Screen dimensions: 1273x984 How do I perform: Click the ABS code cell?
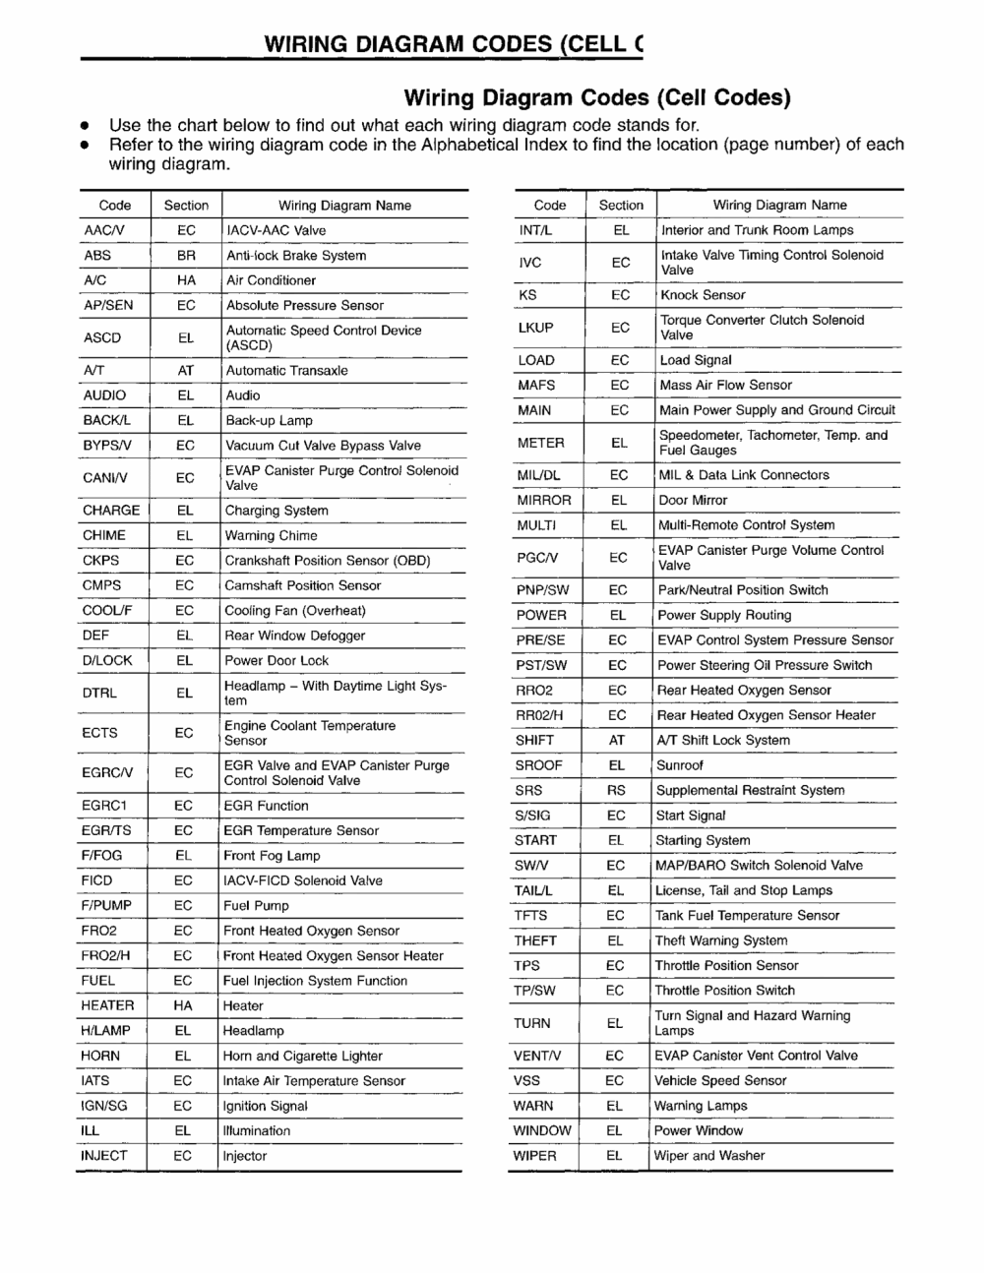(x=97, y=255)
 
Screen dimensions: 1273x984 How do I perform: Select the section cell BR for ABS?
(x=186, y=255)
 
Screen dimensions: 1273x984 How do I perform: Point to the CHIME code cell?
(x=104, y=535)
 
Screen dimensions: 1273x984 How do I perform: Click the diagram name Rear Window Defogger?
(x=294, y=636)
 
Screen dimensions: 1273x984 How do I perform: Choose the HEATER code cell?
(x=107, y=1005)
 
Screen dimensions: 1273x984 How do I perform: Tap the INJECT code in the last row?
(x=103, y=1156)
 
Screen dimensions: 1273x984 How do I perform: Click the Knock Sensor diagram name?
(x=703, y=295)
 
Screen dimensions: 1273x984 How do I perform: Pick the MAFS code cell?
(x=536, y=386)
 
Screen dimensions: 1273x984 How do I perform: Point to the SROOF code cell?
(x=538, y=765)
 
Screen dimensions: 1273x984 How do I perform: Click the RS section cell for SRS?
(x=616, y=790)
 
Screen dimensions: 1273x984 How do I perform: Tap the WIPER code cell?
(x=534, y=1156)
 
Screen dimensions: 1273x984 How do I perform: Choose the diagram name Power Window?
(x=698, y=1130)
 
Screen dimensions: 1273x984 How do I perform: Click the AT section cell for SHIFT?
(x=617, y=740)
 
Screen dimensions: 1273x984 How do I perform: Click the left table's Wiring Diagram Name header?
(x=344, y=206)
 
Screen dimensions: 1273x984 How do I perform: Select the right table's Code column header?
(x=550, y=205)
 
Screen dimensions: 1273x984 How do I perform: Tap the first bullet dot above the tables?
(x=87, y=127)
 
